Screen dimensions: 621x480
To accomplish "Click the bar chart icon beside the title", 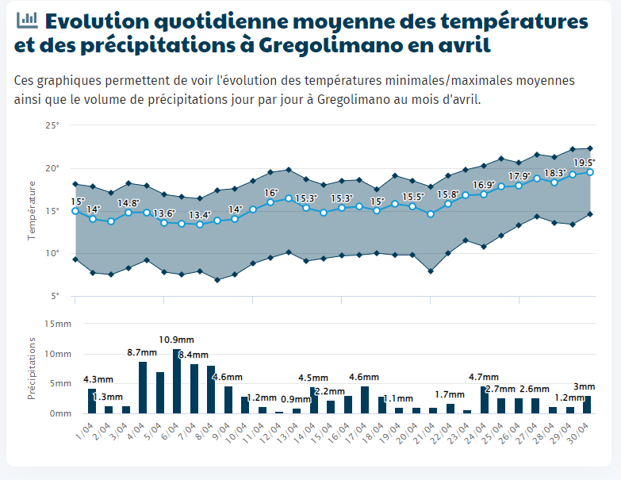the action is [x=27, y=20].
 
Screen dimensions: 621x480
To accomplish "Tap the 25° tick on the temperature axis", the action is [x=52, y=125].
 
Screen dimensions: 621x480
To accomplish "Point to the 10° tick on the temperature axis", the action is [x=52, y=253].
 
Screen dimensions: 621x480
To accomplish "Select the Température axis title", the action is [x=31, y=211].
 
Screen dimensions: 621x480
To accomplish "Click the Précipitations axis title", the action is [x=31, y=368].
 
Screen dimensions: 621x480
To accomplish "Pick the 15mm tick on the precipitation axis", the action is [x=58, y=324].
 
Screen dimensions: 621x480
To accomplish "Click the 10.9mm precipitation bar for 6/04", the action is [x=177, y=381].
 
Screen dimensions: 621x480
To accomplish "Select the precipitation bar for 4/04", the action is [x=143, y=388].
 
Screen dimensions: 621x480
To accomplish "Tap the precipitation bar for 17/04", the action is [x=365, y=400].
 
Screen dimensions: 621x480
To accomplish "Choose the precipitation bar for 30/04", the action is [x=587, y=405].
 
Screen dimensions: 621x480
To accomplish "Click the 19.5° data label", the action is [x=585, y=163].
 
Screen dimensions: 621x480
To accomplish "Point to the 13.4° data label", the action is [x=200, y=215].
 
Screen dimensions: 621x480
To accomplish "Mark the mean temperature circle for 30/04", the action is [x=590, y=172].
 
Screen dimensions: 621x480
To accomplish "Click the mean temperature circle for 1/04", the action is [x=75, y=211].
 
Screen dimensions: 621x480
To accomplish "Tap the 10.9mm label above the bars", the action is [x=176, y=340].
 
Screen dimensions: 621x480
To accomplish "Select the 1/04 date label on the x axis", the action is [x=85, y=431].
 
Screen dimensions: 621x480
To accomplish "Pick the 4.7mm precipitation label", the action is [x=484, y=377].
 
